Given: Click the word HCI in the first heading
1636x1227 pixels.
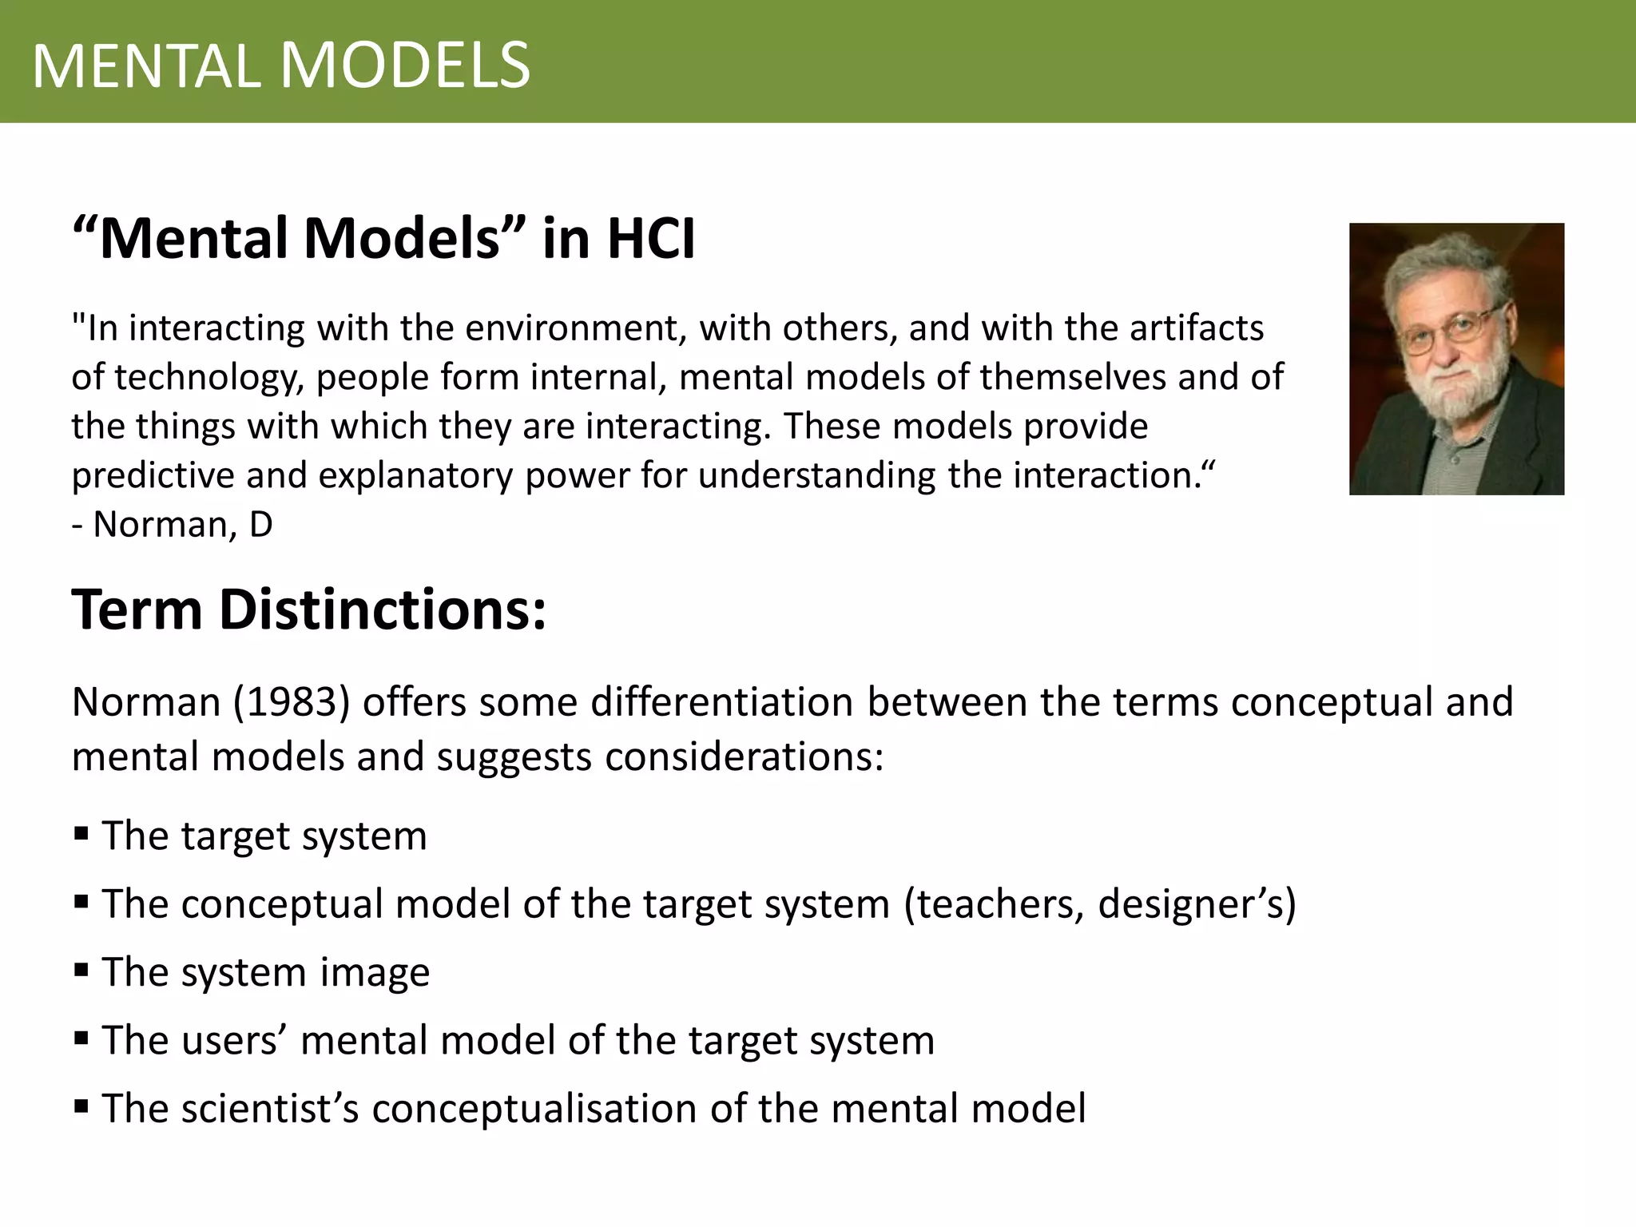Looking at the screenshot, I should coord(650,238).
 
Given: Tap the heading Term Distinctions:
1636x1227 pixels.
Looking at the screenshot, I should coord(308,610).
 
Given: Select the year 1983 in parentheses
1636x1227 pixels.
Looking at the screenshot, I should coord(292,702).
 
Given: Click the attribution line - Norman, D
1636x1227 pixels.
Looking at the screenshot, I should coord(173,525).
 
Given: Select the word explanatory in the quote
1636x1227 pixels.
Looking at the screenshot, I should coord(415,476).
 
